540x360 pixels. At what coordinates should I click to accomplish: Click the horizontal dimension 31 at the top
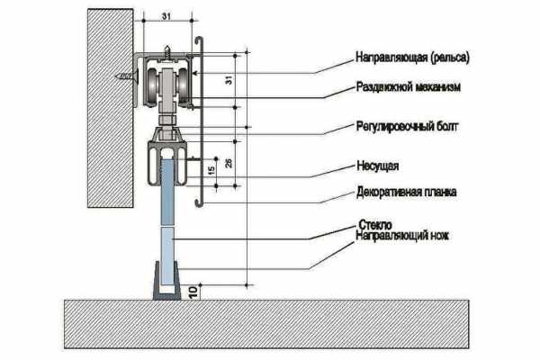[x=167, y=16]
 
